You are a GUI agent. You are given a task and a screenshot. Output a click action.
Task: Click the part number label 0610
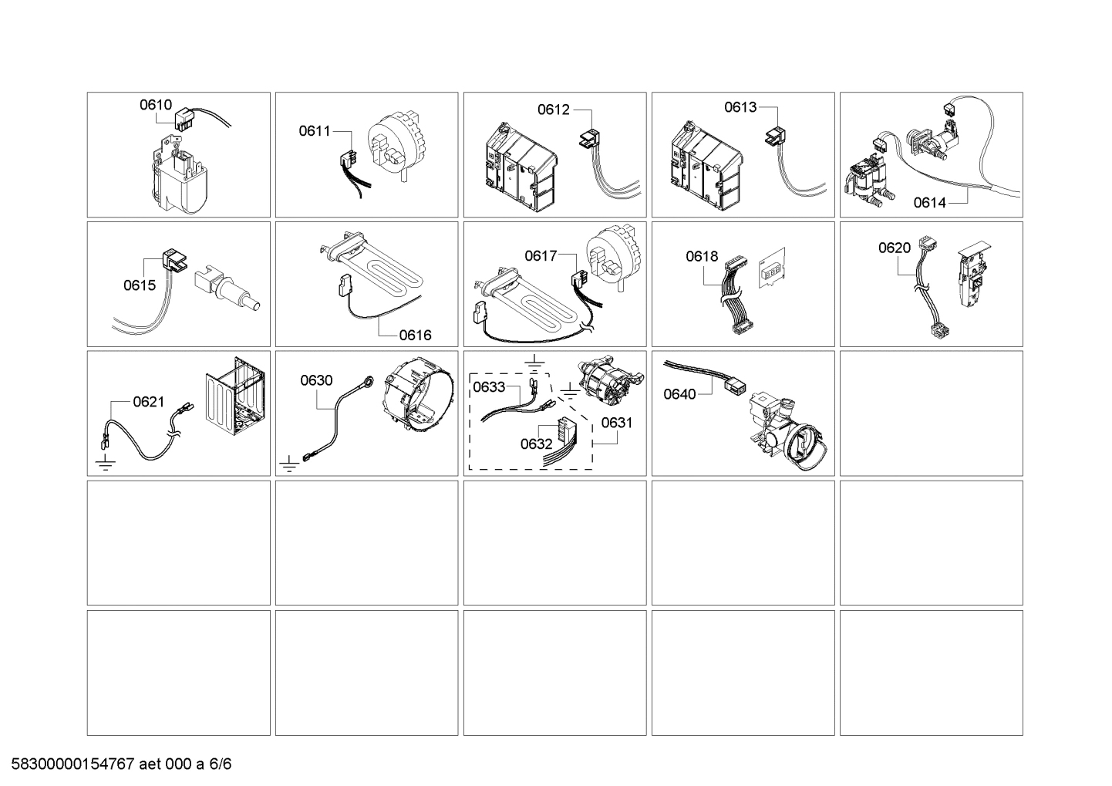[155, 105]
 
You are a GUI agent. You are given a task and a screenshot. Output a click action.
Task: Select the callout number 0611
[315, 131]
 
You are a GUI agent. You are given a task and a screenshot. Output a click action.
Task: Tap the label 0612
[554, 110]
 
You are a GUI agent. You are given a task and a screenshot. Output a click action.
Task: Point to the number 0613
[740, 107]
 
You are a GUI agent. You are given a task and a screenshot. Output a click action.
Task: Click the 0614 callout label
[929, 203]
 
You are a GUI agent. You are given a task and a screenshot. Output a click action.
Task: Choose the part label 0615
[140, 285]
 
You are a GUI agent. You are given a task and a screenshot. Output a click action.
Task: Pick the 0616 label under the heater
[415, 335]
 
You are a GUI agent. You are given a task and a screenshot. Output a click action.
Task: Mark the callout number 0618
[702, 256]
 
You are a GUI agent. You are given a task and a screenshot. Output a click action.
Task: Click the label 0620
[895, 248]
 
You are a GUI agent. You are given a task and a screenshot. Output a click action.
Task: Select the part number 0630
[316, 380]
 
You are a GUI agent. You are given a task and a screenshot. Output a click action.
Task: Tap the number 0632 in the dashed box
[536, 444]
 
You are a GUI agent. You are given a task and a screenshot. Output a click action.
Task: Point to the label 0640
[679, 394]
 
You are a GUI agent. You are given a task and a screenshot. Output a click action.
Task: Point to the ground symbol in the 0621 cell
[104, 464]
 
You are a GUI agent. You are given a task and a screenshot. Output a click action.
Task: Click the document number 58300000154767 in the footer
[70, 764]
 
